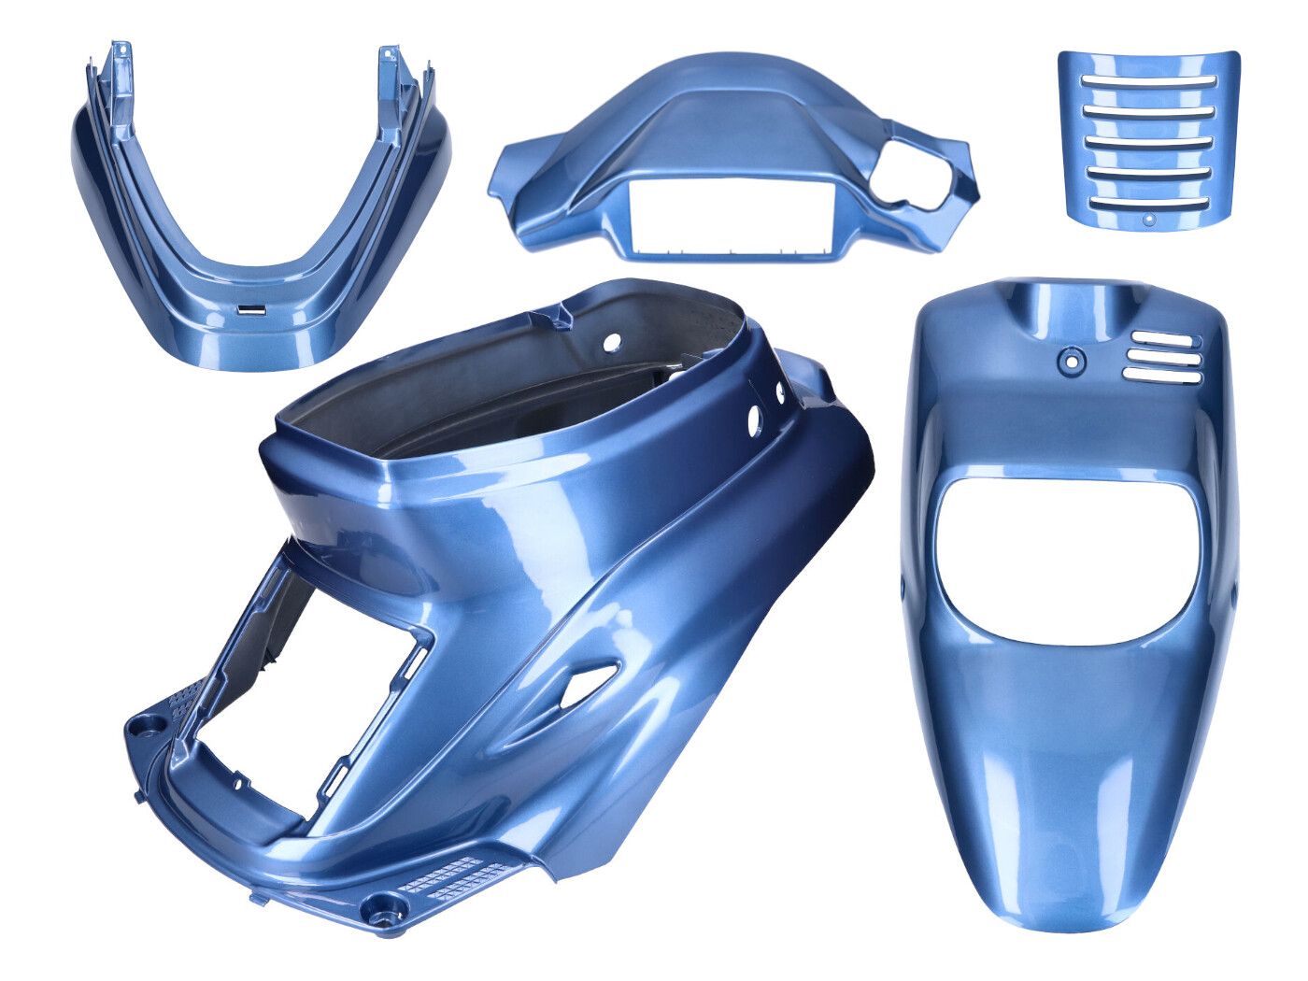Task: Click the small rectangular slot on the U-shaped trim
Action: pos(252,308)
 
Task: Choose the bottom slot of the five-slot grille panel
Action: pos(1148,203)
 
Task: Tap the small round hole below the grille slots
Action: pos(1149,220)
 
